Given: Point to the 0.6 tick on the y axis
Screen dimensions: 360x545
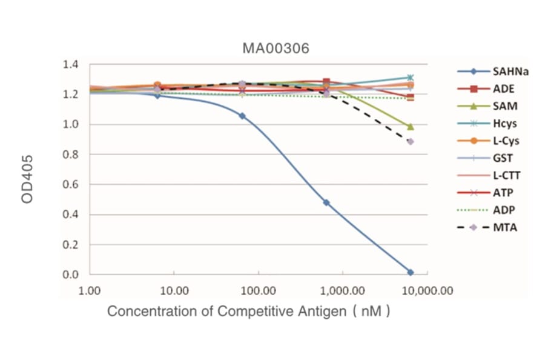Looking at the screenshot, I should pos(71,184).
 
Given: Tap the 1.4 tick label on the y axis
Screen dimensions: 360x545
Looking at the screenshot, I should pos(71,64).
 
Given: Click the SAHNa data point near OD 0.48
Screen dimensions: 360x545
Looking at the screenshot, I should pos(326,202).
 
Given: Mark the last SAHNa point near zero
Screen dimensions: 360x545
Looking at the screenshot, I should pos(411,273).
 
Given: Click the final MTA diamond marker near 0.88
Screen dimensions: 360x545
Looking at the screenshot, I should pos(411,142).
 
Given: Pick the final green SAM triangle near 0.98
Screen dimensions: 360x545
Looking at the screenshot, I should pos(411,127).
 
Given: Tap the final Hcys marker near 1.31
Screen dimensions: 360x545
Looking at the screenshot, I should pos(411,78).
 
